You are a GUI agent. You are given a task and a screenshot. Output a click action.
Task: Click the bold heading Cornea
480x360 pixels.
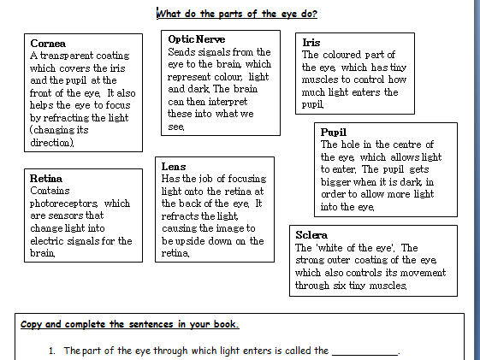pyautogui.click(x=48, y=43)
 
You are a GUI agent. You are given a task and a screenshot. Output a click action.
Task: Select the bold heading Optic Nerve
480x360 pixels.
pyautogui.click(x=197, y=39)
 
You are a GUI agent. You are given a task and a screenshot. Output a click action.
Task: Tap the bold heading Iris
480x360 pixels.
pyautogui.click(x=311, y=42)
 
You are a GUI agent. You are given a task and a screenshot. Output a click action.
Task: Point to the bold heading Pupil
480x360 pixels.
pyautogui.click(x=334, y=133)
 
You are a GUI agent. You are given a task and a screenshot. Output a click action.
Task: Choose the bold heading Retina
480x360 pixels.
pyautogui.click(x=46, y=179)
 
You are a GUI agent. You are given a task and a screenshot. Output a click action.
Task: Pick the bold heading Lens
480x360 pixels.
pyautogui.click(x=174, y=166)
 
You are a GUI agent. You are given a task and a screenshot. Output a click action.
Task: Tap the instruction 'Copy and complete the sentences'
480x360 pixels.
pyautogui.click(x=129, y=325)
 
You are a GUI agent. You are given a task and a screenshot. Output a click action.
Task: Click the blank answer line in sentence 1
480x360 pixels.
pyautogui.click(x=364, y=351)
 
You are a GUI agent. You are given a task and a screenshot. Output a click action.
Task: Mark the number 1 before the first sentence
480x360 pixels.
pyautogui.click(x=52, y=351)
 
